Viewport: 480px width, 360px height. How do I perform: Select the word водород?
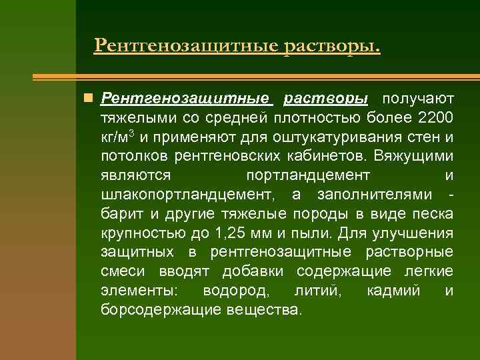click(237, 291)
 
